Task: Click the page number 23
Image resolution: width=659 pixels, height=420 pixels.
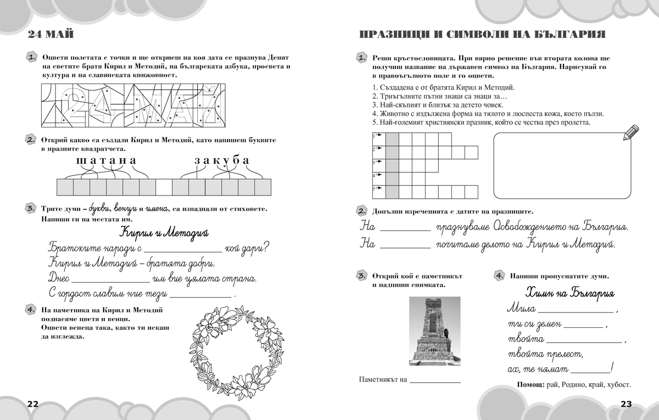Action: [x=626, y=404]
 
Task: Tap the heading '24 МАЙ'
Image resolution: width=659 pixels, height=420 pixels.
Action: [x=51, y=35]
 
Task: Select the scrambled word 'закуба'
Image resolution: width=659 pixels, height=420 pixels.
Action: [x=222, y=160]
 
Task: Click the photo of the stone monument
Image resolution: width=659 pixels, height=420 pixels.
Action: [x=435, y=332]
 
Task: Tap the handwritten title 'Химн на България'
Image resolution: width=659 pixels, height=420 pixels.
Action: [x=569, y=292]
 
